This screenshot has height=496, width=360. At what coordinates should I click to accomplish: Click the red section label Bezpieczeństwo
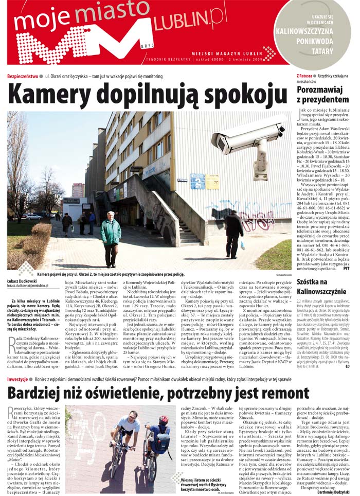click(23, 76)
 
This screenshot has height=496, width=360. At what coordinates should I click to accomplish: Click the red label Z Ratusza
click(304, 76)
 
